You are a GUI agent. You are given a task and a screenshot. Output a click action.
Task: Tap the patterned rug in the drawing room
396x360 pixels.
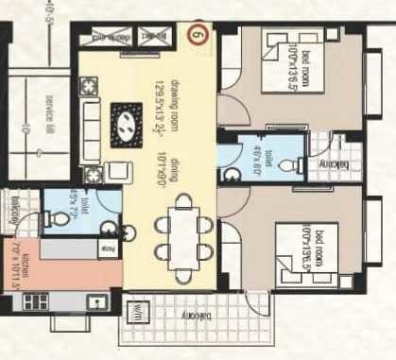(x=126, y=121)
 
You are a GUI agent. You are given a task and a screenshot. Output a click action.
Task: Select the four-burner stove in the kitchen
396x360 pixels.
(x=35, y=302)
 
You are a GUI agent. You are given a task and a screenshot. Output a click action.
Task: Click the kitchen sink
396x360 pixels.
(x=96, y=301)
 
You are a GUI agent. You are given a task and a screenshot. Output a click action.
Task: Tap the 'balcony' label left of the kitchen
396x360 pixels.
(x=12, y=210)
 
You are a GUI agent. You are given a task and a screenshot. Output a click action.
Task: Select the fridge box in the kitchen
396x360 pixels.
(x=107, y=249)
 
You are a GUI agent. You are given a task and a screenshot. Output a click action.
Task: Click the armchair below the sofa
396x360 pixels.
(x=120, y=171)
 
